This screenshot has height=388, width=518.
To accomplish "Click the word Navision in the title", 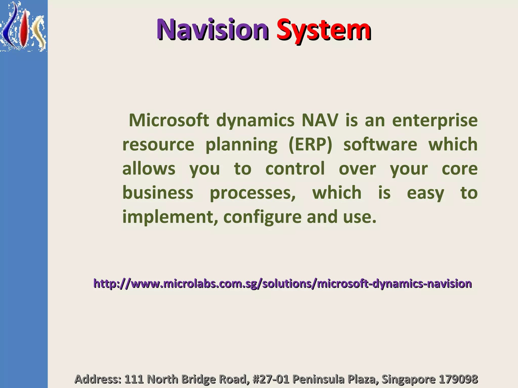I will pos(212,30).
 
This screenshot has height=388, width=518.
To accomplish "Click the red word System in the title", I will pos(324,30).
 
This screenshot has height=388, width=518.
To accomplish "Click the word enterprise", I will pos(435,120).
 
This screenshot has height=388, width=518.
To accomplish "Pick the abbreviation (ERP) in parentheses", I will pos(310,144).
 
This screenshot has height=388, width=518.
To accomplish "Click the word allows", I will pos(149,168).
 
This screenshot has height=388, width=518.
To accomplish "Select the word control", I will pos(295,168).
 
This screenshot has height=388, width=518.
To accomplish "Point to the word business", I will pos(158,192).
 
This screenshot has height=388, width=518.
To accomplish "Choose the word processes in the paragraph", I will pos(252,193).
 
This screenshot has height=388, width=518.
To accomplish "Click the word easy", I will pos(425,193).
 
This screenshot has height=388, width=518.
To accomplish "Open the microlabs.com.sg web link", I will pos(283,284).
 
